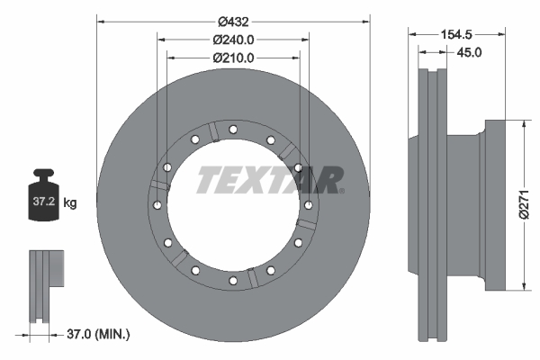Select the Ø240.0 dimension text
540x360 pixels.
click(233, 39)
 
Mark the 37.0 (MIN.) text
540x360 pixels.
click(99, 335)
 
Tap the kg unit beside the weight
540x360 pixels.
click(70, 203)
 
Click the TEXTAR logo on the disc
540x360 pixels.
click(269, 179)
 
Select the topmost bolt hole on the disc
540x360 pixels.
click(233, 129)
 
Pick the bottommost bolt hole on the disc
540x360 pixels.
click(233, 282)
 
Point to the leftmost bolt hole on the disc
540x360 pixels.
click(157, 205)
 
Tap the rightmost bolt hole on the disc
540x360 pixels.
click(309, 205)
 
